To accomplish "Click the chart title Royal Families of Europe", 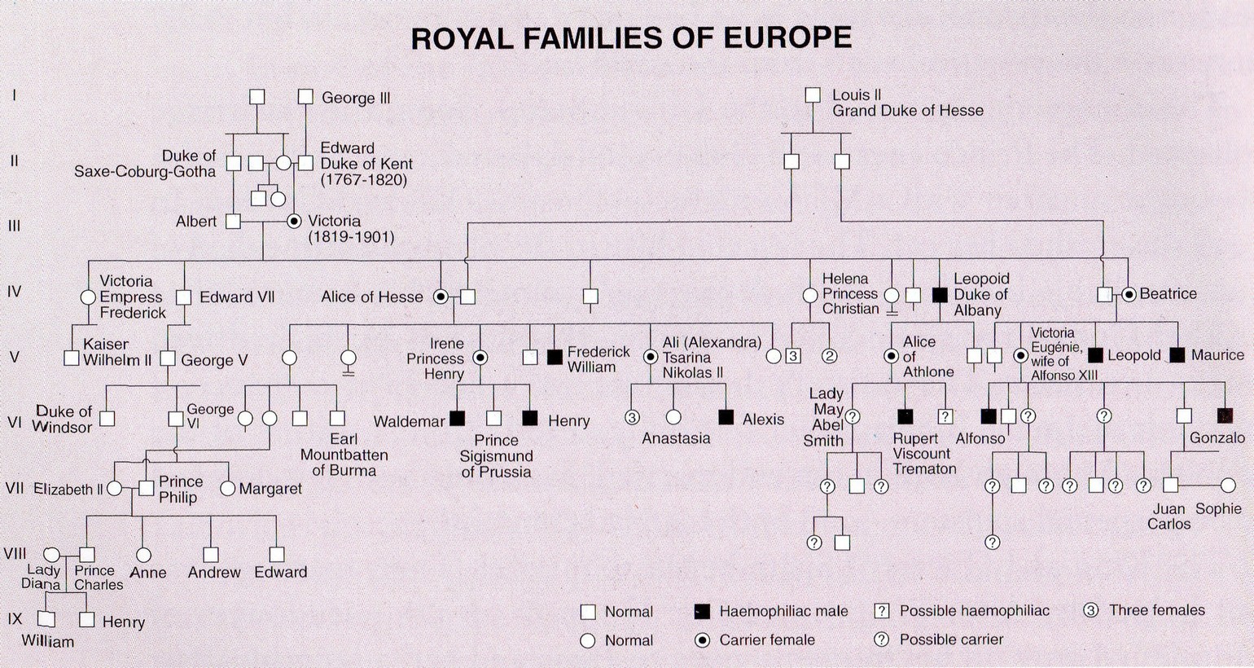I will pos(631,38).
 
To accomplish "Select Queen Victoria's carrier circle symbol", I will pos(294,221).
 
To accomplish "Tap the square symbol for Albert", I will pos(234,221).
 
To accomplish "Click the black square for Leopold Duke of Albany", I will pos(940,295).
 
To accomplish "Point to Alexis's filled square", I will pos(726,417).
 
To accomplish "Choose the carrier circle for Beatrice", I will pos(1129,294).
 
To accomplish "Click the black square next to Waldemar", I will pos(457,419).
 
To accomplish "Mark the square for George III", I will pos(305,97).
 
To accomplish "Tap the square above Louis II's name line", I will pos(812,95).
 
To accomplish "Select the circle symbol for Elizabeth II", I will pos(115,489).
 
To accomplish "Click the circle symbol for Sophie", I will pos(1228,486).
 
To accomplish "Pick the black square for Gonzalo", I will pos(1224,415).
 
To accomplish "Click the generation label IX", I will pos(15,618).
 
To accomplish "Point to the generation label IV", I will pos(14,291).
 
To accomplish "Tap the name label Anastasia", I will pos(676,438).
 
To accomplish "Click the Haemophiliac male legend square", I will pos(701,611).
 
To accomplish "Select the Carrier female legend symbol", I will pos(702,640).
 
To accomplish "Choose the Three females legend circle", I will pos(1091,610).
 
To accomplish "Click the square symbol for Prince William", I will pos(47,619).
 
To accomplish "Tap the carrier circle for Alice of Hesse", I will pos(441,297).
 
